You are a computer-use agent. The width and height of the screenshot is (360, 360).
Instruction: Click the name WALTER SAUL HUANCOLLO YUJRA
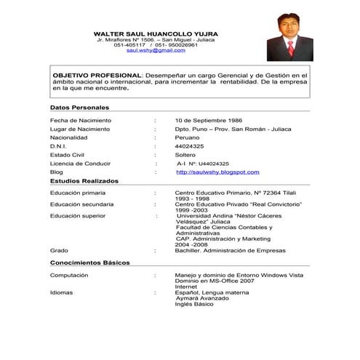pos(156,33)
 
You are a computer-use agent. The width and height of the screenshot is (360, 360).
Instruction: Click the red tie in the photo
pos(290,48)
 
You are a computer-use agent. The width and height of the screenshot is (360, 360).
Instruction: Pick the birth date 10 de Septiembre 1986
pos(209,120)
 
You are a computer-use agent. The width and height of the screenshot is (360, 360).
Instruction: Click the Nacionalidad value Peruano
pos(188,137)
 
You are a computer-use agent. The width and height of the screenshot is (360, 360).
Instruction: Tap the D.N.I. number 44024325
pos(190,146)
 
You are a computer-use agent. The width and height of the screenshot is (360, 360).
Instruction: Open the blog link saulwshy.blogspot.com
pos(217,172)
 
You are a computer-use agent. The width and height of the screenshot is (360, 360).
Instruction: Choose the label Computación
pos(69,276)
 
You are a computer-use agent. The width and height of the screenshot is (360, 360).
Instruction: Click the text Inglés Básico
pos(195,304)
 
